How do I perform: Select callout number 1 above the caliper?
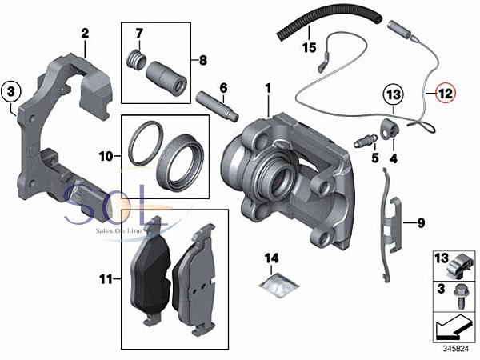coord(269,87)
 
